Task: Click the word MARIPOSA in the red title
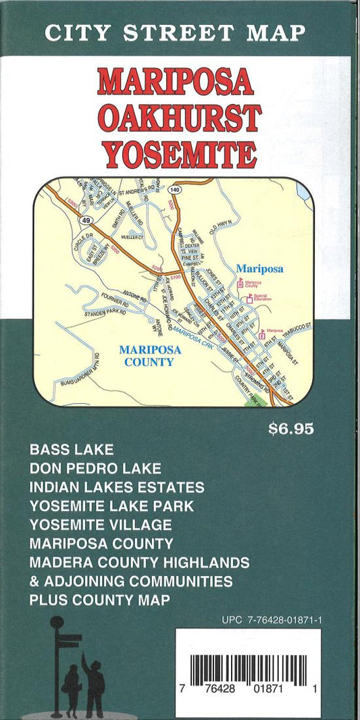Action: [x=176, y=82]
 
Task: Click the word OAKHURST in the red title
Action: [x=179, y=119]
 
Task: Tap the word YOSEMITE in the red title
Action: [x=179, y=154]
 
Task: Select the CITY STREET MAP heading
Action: [x=175, y=32]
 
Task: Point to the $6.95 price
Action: [x=291, y=429]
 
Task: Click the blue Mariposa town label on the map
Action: [x=260, y=269]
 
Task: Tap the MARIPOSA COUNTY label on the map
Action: [x=147, y=356]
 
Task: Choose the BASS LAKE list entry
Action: [x=72, y=448]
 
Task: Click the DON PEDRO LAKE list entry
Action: [x=95, y=467]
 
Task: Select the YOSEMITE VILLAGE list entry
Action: [x=101, y=524]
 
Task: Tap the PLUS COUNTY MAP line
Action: [x=99, y=600]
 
